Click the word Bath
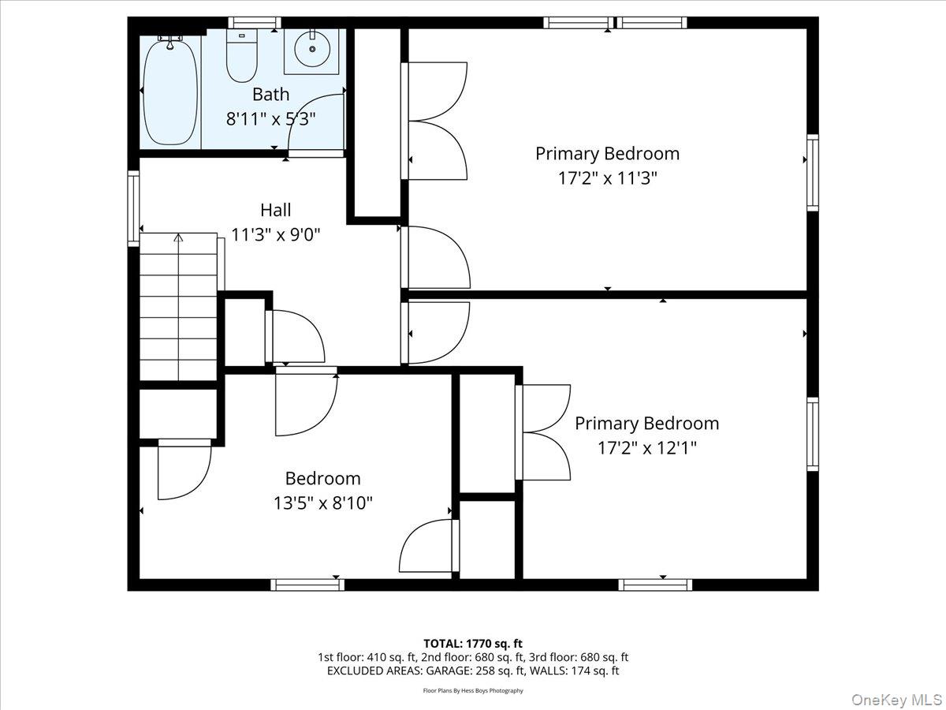click(x=270, y=95)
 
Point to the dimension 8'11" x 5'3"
click(x=270, y=119)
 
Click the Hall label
click(x=275, y=210)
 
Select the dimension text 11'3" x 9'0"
click(x=275, y=234)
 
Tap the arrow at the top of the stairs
click(x=178, y=237)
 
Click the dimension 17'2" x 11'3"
click(x=607, y=178)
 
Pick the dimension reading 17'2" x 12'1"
click(x=646, y=448)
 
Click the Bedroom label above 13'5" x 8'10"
click(x=322, y=478)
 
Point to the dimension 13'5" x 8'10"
click(x=322, y=503)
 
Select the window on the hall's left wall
click(x=133, y=209)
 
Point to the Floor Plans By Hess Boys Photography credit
click(x=473, y=691)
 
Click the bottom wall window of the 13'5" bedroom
click(x=307, y=585)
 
